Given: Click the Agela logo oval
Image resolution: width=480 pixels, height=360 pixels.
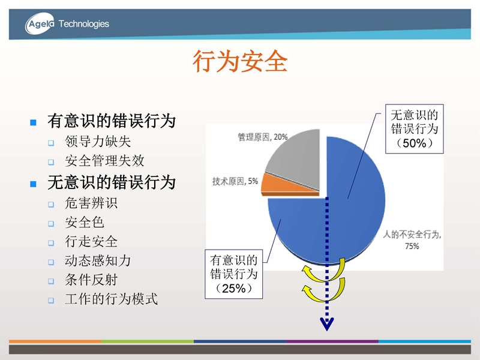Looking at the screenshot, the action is point(40,23).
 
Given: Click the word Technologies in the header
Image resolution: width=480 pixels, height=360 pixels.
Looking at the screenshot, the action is point(83,24).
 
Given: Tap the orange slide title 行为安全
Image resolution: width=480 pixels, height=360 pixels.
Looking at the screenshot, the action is point(240,61).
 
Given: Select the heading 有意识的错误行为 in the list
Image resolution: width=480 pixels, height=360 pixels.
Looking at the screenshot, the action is point(112,121).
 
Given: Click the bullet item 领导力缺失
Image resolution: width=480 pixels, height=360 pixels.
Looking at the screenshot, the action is point(98,142).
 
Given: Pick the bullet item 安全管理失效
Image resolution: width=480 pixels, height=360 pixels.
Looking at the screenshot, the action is point(104,161).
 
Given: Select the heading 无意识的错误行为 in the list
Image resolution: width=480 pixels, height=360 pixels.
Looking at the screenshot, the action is point(112,182).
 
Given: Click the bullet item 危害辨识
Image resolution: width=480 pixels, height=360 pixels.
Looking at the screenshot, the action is point(91,203).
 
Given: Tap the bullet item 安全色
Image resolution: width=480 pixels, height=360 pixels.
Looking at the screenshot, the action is point(85,223).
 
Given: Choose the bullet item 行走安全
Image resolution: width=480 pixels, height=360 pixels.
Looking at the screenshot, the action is point(91,242).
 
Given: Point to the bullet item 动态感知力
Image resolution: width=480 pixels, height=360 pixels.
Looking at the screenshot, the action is point(98,261).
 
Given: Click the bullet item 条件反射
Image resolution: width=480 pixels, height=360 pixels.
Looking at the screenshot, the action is point(91,280).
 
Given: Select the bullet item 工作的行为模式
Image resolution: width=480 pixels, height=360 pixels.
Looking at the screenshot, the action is point(111,299).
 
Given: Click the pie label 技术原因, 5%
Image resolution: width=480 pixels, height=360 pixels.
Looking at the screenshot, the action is point(235,181).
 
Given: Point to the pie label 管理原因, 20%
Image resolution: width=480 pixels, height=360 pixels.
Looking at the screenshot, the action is point(263,137).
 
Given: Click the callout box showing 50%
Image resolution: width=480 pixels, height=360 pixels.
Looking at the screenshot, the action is point(414,129).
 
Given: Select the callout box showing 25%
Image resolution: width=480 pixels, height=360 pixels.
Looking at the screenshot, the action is point(233,274).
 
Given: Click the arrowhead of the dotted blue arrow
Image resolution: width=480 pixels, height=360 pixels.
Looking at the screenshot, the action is point(326,324).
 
